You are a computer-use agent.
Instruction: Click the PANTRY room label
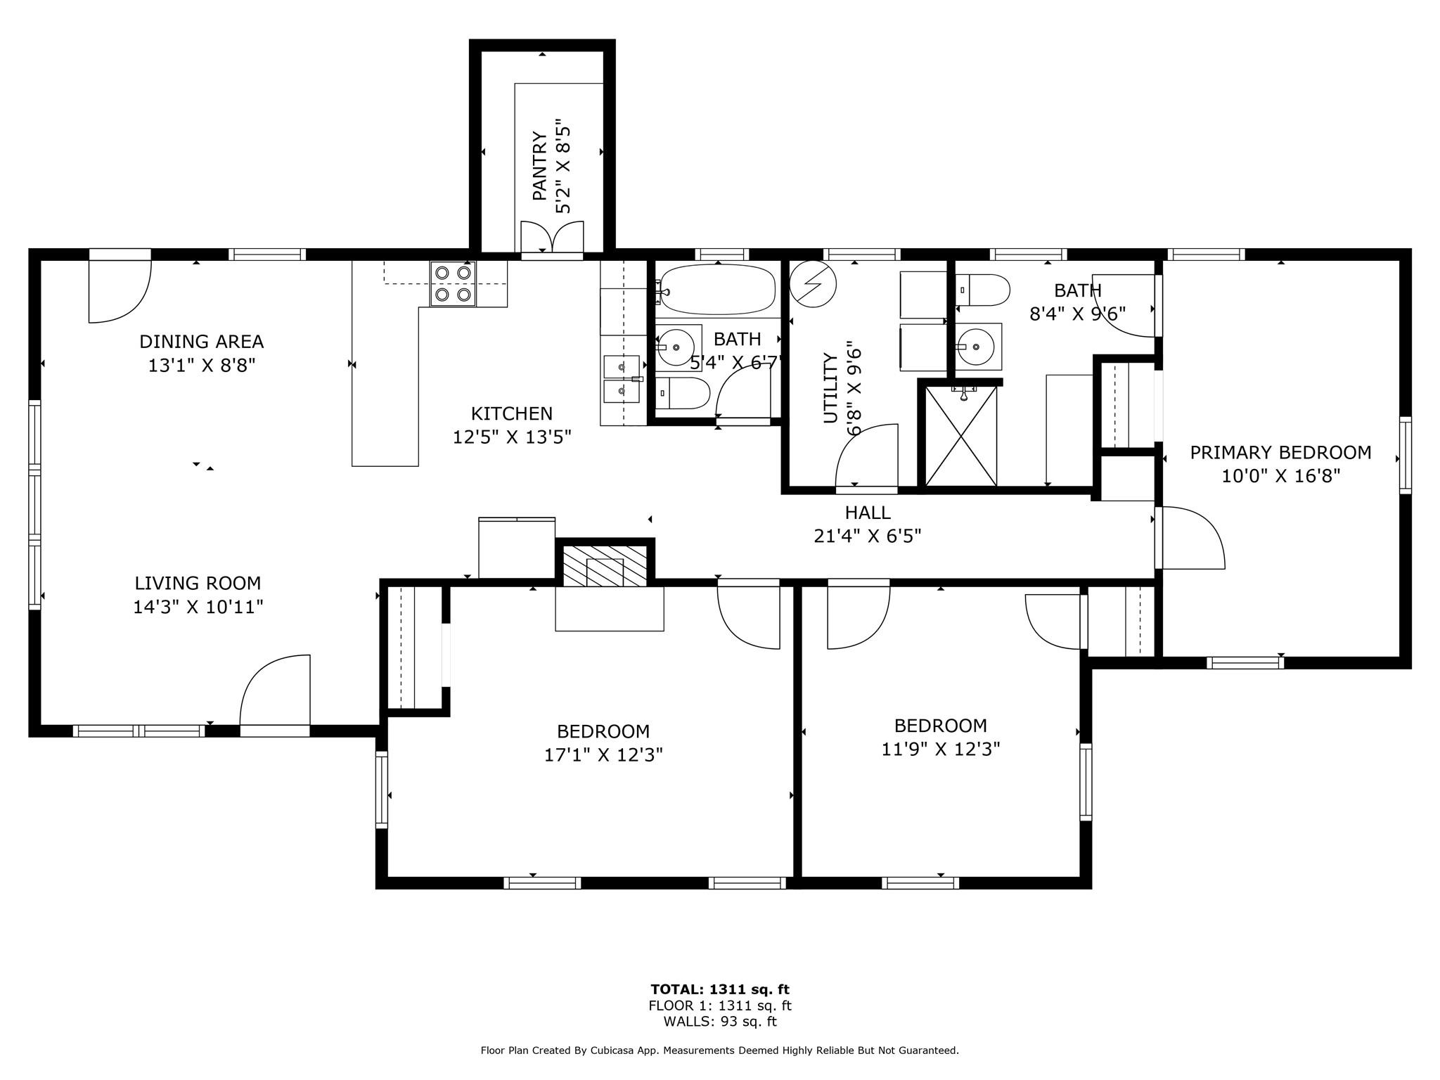[540, 165]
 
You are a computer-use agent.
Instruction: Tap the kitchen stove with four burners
[454, 283]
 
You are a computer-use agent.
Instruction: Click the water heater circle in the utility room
[814, 284]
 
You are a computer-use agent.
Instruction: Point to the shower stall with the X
[961, 435]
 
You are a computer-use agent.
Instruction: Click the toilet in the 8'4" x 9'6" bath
[983, 290]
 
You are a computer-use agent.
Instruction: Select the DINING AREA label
[202, 342]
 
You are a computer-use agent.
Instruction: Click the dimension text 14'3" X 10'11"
[198, 607]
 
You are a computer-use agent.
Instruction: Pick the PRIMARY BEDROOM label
[1280, 453]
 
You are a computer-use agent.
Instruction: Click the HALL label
[868, 513]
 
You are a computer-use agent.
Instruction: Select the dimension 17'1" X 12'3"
[604, 755]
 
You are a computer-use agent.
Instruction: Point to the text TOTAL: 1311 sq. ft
[720, 990]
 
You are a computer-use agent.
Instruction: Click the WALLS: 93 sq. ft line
[720, 1022]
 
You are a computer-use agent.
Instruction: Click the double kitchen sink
[622, 378]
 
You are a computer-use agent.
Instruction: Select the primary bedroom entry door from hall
[1190, 537]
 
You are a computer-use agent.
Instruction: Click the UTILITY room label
[830, 388]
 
